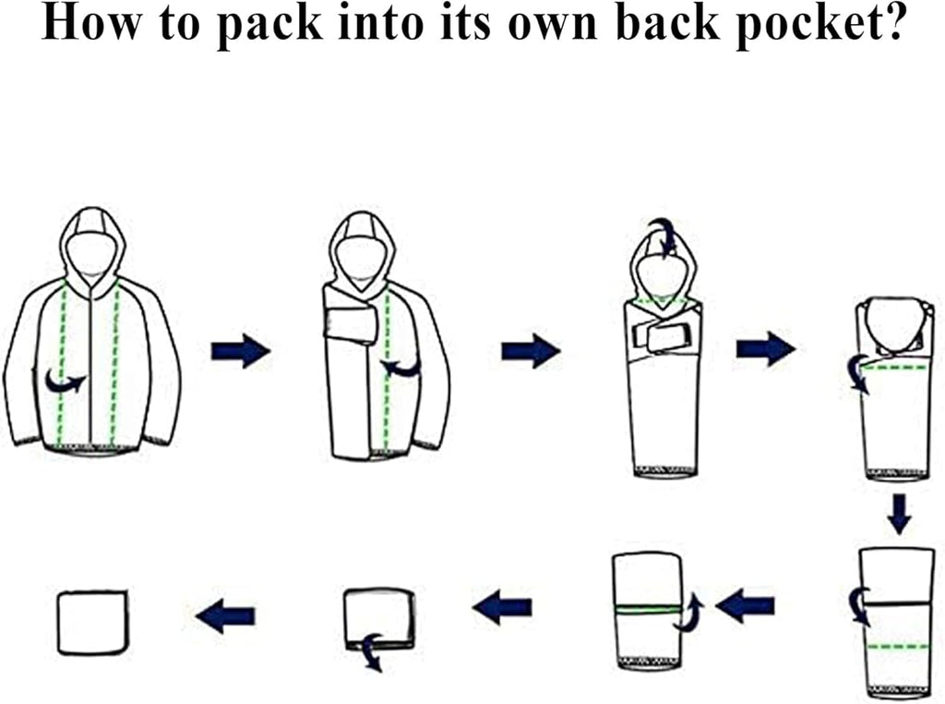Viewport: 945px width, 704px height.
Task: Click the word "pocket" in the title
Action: [x=820, y=24]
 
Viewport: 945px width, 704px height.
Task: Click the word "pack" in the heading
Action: [x=269, y=26]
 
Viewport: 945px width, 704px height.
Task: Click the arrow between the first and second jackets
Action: [x=241, y=350]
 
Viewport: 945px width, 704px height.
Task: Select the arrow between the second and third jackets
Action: [x=531, y=350]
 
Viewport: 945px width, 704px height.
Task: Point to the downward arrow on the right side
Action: [x=899, y=514]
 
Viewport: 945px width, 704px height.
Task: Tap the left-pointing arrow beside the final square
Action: [x=225, y=616]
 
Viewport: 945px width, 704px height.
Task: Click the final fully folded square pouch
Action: [x=93, y=623]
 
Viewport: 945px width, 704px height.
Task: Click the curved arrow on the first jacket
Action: [x=66, y=382]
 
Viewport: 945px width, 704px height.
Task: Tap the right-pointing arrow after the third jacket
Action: [x=765, y=348]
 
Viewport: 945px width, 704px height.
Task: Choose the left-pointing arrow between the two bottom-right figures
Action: [x=745, y=606]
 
